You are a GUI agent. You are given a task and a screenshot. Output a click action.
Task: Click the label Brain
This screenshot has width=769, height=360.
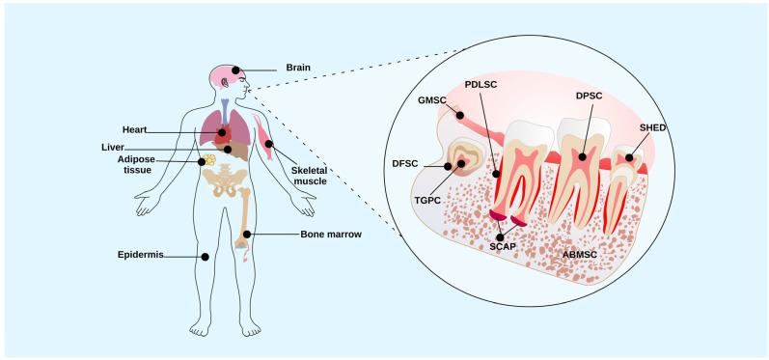pos(296,69)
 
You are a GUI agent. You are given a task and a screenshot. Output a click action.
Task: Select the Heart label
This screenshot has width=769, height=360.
pos(135,128)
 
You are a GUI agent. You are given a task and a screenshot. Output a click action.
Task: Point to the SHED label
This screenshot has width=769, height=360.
pos(652,127)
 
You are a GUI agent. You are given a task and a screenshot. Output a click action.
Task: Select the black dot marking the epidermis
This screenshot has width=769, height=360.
pos(205,257)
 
